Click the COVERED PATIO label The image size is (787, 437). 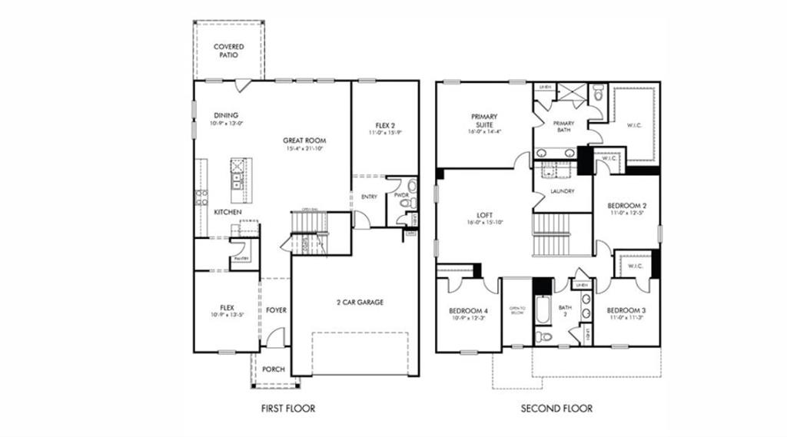coord(228,51)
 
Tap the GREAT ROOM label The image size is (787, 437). coord(304,141)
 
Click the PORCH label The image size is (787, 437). coord(274,369)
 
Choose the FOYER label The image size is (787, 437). coord(277,310)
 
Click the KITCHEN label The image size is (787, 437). coord(228,212)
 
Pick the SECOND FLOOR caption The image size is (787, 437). coord(556,409)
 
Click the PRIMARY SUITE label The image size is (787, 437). coord(484,121)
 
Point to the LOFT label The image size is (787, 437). coord(484,215)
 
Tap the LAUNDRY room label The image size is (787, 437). coord(563,191)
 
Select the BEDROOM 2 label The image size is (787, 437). coord(626,206)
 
